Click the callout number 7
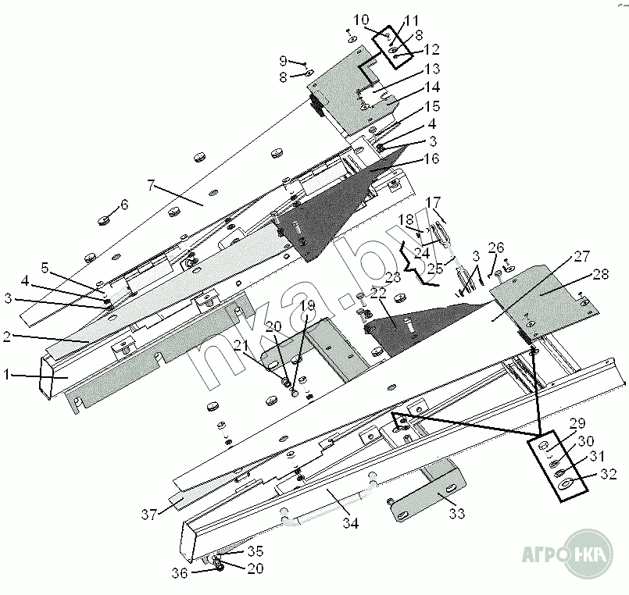coord(151,186)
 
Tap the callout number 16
coord(431,159)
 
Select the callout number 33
coord(456,513)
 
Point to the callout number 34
coord(351,523)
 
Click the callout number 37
coord(148,514)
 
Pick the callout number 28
coord(601,274)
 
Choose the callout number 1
coord(6,375)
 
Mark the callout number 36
coord(180,573)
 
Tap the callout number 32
coord(608,474)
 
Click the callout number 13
coord(432,69)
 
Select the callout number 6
coord(124,205)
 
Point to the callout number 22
coord(378,293)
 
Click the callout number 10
coord(361,20)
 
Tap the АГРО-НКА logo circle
coord(590,554)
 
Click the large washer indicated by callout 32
coord(566,484)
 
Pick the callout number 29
coord(577,423)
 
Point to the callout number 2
coord(6,337)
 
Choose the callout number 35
coord(255,551)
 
